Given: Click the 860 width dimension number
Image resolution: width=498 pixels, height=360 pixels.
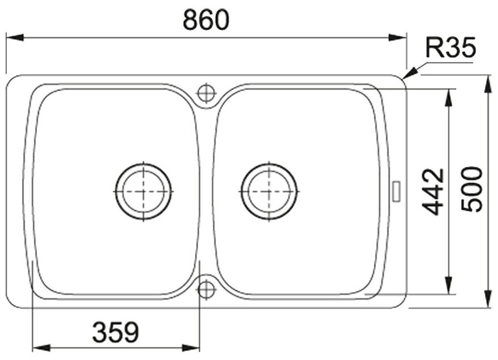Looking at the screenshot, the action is point(206,20).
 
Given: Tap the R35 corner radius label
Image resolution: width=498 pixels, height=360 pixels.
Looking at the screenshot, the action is point(450,48).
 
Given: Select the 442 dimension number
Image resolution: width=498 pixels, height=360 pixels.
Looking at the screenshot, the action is point(433,191).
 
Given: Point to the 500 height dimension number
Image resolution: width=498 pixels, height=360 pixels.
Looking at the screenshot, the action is point(472,190).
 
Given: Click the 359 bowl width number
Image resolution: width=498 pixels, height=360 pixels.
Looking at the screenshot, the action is point(115,332).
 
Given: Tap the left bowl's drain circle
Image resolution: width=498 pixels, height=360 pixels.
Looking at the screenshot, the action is point(144,191).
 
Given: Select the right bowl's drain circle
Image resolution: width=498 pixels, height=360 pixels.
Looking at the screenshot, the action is point(269,191).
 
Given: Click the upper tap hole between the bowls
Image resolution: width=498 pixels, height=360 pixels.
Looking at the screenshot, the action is point(207,93).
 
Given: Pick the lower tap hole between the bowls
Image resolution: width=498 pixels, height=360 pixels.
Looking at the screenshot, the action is point(207,289).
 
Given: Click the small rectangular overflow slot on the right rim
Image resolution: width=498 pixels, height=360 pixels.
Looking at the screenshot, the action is point(397,191).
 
